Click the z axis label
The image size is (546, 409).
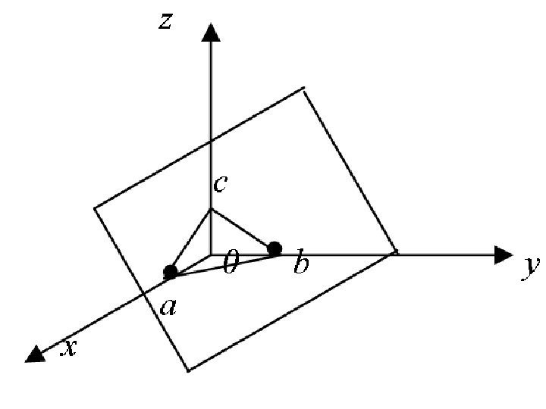click(165, 21)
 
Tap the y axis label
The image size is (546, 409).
click(530, 267)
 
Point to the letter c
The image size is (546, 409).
click(220, 183)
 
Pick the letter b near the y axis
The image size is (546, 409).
click(301, 265)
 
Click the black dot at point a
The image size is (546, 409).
click(171, 271)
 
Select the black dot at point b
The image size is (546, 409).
click(275, 248)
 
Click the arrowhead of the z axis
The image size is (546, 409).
click(211, 32)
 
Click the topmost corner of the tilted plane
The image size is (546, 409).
click(303, 89)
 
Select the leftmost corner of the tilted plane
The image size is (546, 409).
click(95, 207)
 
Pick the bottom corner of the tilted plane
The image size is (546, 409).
click(187, 370)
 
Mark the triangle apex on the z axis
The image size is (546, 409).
click(211, 208)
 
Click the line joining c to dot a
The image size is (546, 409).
click(191, 239)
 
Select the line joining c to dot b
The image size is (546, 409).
click(243, 228)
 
